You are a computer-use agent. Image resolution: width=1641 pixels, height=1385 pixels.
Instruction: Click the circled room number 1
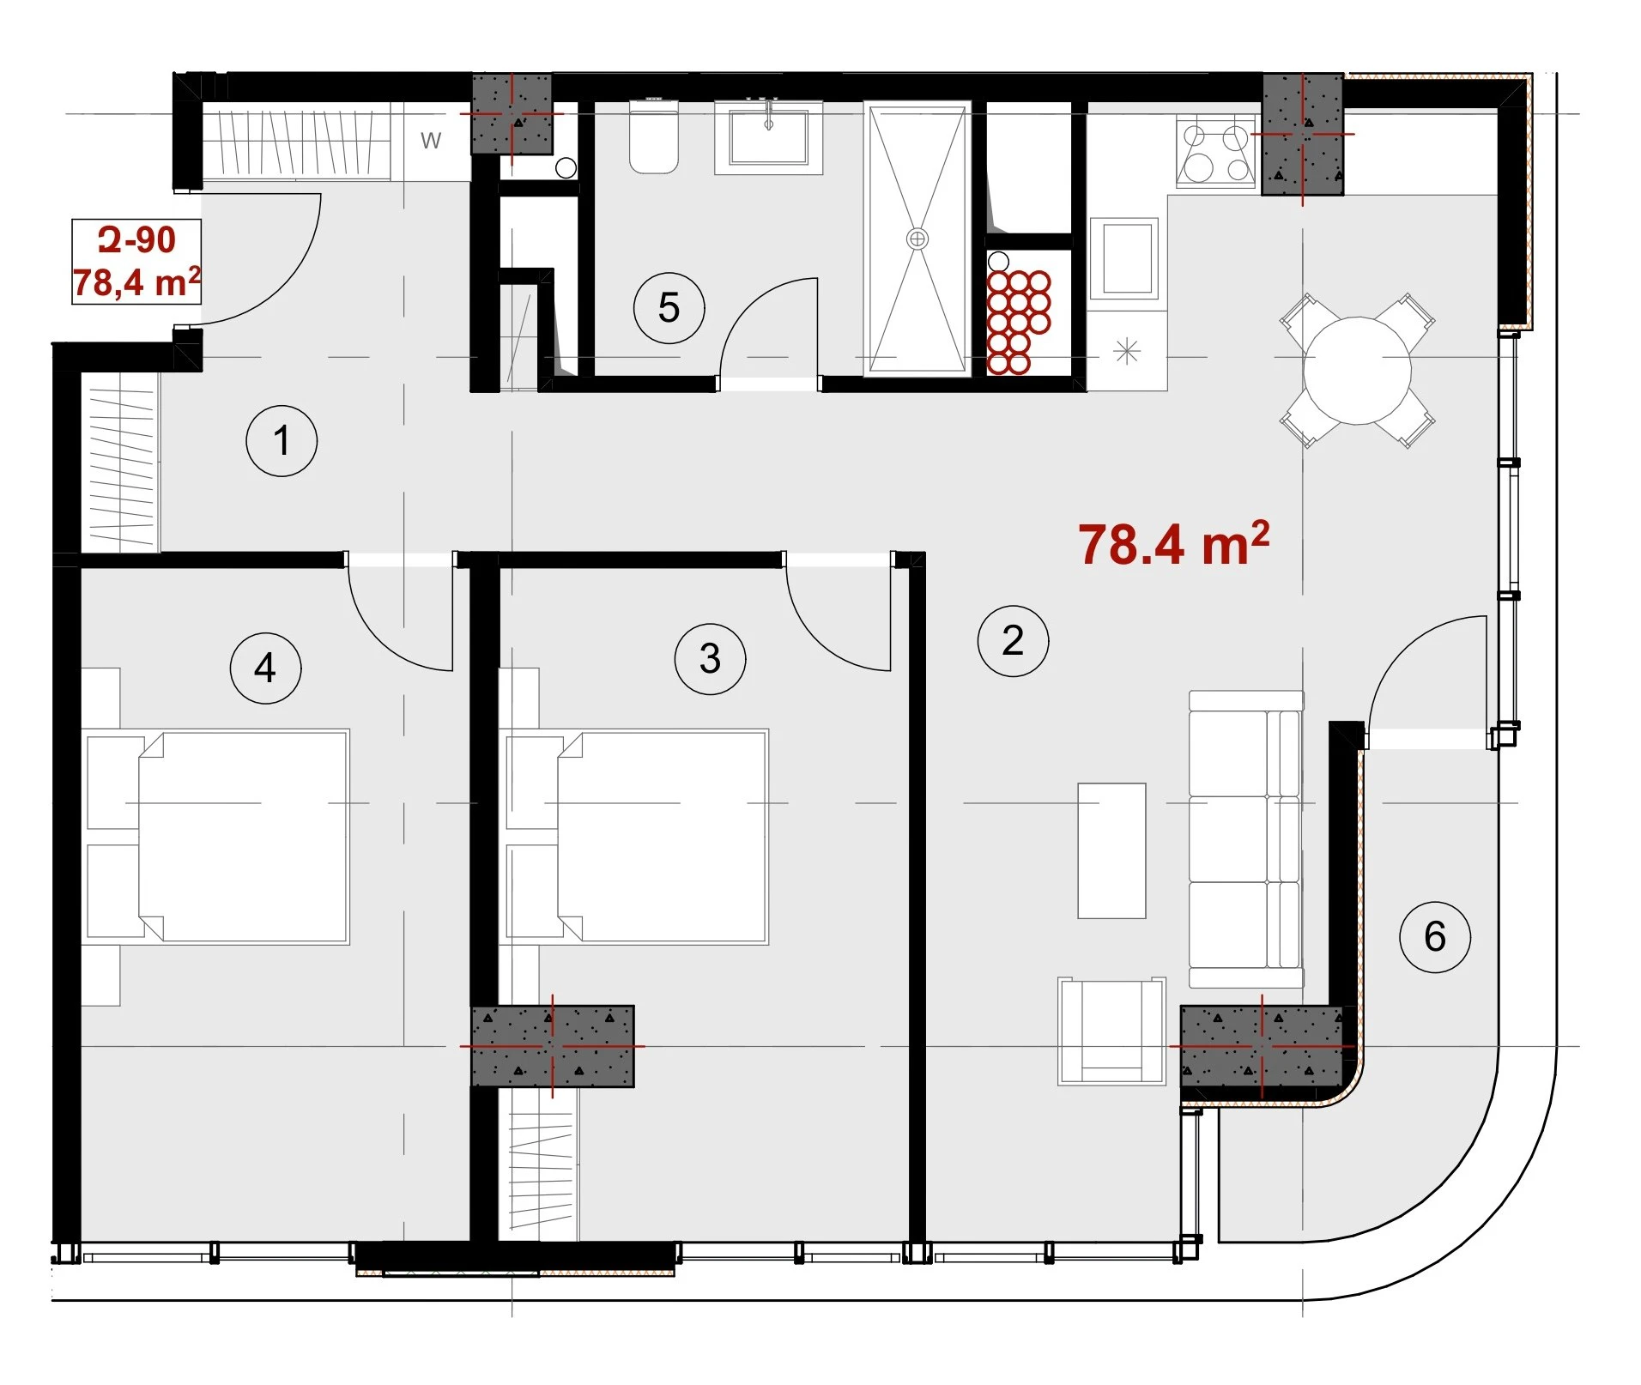click(282, 441)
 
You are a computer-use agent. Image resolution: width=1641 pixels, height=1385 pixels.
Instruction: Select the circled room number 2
click(1013, 641)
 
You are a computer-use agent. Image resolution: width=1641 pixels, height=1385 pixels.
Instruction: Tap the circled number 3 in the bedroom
click(710, 659)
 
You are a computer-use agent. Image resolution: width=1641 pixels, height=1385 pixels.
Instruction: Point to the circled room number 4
click(265, 668)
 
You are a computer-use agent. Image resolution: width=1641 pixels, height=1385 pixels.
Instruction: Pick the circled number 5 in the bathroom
click(669, 308)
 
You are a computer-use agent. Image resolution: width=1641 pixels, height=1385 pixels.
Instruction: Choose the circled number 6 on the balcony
click(1434, 936)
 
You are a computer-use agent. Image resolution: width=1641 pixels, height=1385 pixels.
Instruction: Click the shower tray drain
click(917, 239)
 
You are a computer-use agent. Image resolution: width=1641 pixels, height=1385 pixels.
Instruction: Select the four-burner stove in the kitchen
click(1215, 154)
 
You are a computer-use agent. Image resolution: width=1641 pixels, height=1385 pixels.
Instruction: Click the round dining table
click(1357, 371)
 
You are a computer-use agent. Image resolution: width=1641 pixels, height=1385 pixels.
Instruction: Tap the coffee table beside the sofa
click(1111, 850)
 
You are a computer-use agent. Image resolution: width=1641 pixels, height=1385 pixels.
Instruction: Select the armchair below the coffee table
click(1111, 1031)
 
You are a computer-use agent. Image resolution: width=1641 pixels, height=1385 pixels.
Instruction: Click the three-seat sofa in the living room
click(1246, 838)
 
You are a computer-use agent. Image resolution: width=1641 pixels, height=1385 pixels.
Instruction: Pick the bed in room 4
click(216, 837)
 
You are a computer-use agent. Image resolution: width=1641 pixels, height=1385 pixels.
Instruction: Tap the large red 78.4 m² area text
click(1173, 544)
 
